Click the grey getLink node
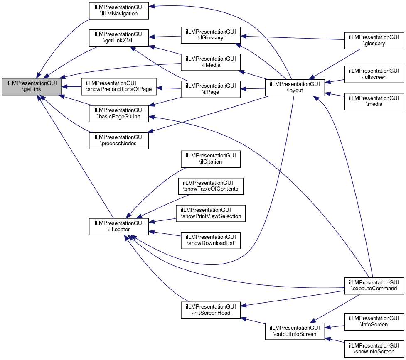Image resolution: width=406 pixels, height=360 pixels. (32, 86)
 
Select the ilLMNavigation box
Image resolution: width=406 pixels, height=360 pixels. (119, 11)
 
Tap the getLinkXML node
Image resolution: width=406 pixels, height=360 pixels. (119, 38)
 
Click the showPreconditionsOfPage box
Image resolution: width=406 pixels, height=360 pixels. (119, 86)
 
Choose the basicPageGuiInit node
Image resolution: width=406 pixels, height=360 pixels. (119, 114)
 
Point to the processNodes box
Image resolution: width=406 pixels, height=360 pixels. (119, 140)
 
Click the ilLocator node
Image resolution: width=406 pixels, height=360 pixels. (119, 226)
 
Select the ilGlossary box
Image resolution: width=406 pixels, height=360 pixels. (211, 35)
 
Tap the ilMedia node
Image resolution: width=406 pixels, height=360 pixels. (211, 62)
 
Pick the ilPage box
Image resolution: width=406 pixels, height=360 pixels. (211, 89)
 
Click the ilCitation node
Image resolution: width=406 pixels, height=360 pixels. (211, 159)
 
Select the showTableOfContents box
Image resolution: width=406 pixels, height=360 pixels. (211, 186)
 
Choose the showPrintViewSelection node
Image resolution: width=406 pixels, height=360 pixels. (211, 213)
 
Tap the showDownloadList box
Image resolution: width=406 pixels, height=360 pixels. (211, 240)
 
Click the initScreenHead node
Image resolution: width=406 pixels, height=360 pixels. (211, 310)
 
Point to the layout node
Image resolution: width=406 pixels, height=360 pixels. (295, 88)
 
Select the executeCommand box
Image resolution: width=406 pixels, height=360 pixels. (374, 286)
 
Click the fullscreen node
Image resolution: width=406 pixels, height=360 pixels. (374, 74)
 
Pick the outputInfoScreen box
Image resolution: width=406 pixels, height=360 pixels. (295, 331)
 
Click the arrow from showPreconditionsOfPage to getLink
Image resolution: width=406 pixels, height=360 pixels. (71, 87)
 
